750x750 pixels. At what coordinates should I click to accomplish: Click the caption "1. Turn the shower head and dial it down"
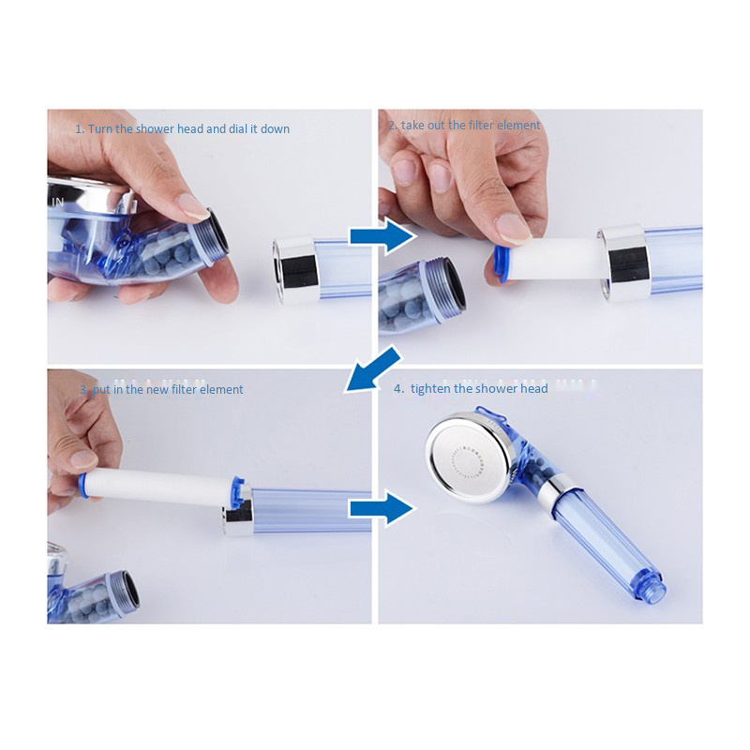click(x=182, y=128)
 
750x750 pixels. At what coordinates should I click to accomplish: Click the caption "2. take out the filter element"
click(x=464, y=126)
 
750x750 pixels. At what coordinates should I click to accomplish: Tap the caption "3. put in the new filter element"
click(x=161, y=389)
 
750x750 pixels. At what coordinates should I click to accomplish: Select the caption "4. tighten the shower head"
click(x=471, y=388)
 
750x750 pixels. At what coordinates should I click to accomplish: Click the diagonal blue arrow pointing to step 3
click(x=372, y=369)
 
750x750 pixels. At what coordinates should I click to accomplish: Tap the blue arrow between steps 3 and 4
click(x=382, y=509)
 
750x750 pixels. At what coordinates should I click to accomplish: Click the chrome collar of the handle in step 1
click(x=294, y=271)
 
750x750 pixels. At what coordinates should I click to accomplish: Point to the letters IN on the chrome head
click(x=57, y=202)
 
